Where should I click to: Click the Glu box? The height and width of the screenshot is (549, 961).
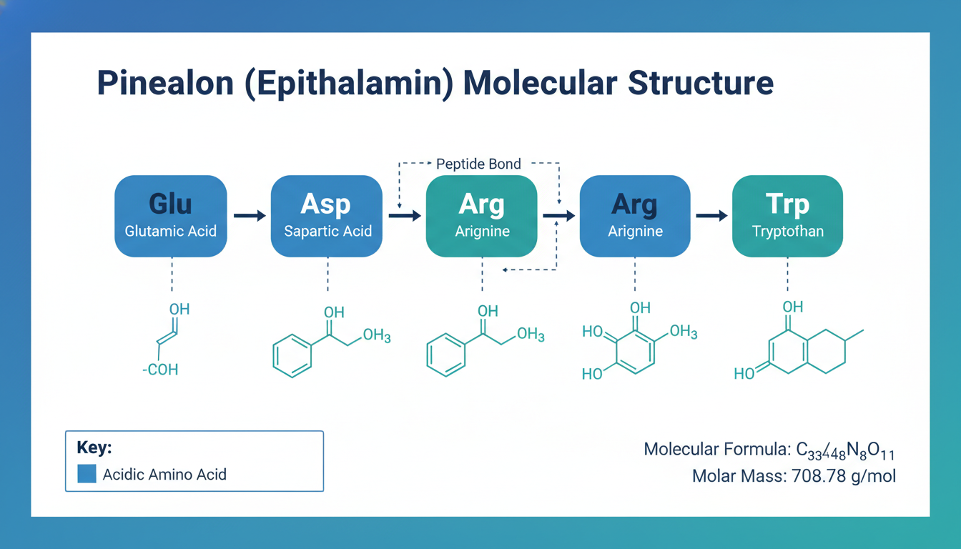170,216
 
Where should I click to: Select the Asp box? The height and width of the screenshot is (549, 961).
327,216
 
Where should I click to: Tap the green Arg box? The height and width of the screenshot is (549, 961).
481,216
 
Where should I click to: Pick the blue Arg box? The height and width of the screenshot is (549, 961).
635,216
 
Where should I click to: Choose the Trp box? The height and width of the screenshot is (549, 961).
787,216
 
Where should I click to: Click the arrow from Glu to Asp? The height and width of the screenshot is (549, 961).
249,216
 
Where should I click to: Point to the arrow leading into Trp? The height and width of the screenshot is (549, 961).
711,216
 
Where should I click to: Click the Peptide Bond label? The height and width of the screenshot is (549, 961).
478,164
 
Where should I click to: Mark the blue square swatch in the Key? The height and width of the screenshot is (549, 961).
87,473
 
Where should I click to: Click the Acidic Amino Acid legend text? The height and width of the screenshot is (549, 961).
164,474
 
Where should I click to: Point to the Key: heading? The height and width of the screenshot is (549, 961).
94,448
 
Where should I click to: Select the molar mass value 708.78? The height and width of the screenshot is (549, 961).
818,476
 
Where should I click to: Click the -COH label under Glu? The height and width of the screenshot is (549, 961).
161,370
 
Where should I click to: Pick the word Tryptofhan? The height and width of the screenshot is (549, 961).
787,232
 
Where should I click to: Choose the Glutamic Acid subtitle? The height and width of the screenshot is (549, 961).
170,232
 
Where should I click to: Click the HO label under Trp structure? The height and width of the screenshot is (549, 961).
744,374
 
